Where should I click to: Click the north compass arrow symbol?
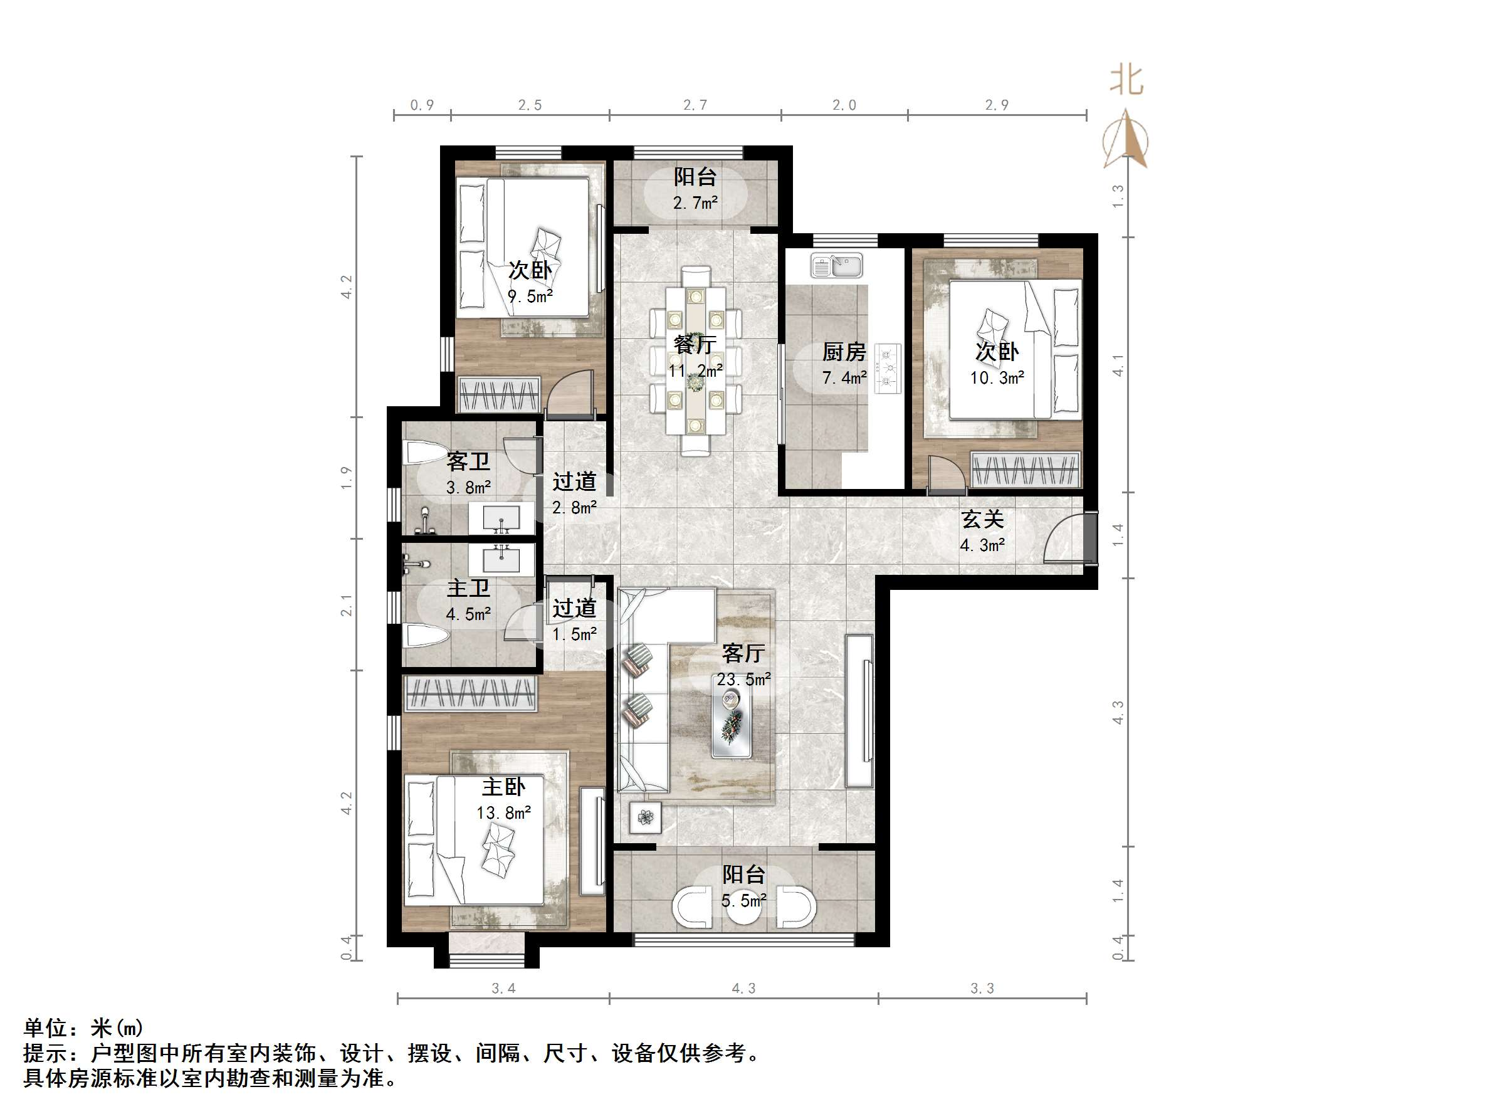point(1126,142)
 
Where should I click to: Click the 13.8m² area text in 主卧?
point(503,813)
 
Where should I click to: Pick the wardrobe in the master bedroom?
point(470,693)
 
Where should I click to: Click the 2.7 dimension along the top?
point(695,105)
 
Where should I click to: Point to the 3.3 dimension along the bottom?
point(982,988)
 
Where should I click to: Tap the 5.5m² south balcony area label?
point(743,900)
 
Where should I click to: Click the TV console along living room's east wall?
point(859,711)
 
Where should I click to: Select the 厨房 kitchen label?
point(844,352)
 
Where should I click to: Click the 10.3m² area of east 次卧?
point(996,378)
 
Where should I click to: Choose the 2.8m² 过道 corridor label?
point(574,508)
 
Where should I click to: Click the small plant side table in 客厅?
point(645,817)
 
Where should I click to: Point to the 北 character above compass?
point(1126,80)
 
